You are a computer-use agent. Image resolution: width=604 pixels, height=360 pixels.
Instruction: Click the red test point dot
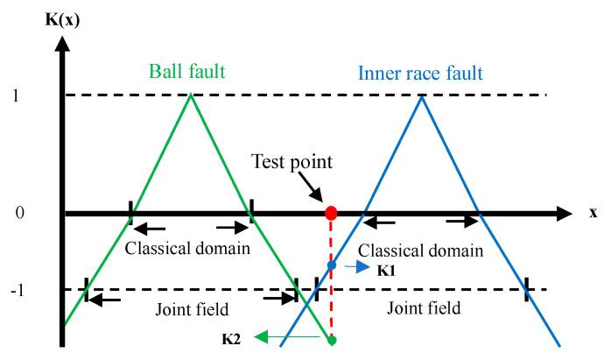pyautogui.click(x=331, y=213)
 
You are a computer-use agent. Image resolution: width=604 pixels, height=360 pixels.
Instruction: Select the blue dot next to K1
pyautogui.click(x=331, y=265)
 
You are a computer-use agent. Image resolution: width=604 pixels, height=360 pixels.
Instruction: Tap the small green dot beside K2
pyautogui.click(x=332, y=340)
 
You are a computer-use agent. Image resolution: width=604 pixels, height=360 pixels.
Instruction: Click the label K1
pyautogui.click(x=386, y=272)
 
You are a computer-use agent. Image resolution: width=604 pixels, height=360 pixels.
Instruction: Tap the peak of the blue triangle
pyautogui.click(x=423, y=95)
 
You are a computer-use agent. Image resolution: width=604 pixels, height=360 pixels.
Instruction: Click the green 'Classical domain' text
pyautogui.click(x=188, y=248)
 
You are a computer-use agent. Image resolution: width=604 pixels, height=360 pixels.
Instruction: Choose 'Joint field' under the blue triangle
pyautogui.click(x=423, y=308)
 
